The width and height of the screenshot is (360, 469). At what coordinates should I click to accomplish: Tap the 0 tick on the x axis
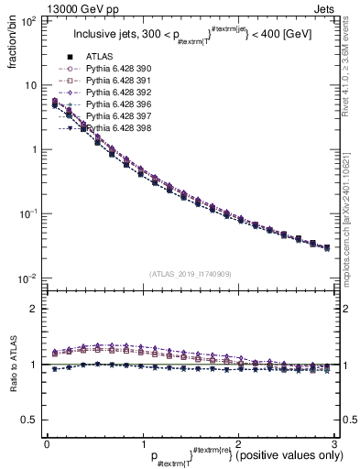(47, 442)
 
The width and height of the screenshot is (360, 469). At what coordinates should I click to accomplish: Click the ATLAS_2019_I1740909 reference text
(189, 274)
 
